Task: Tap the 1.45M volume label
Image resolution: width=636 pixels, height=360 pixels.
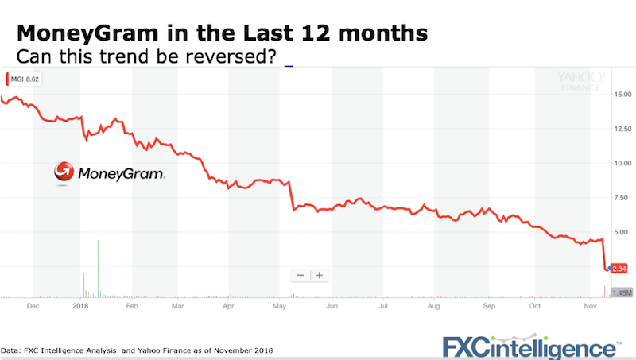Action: point(621,292)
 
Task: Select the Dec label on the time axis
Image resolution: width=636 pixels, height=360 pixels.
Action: point(32,305)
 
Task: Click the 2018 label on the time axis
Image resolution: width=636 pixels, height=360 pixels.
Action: point(80,305)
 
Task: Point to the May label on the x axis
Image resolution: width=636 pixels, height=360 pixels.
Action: point(278,305)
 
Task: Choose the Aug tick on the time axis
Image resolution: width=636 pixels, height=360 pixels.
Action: point(433,305)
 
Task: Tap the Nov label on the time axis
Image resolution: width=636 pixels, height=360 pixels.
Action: point(588,305)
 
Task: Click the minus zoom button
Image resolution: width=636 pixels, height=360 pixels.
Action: point(301,275)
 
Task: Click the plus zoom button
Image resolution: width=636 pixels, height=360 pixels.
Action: point(319,275)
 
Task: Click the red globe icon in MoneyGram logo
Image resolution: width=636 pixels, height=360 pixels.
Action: point(64,172)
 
